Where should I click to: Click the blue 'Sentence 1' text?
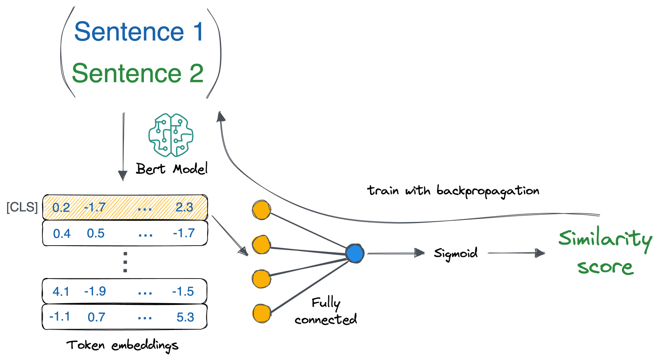pyautogui.click(x=139, y=32)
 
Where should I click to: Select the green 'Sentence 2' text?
pyautogui.click(x=138, y=73)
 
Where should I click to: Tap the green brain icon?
pyautogui.click(x=171, y=135)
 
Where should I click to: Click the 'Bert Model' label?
pyautogui.click(x=171, y=169)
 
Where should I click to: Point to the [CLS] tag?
pyautogui.click(x=22, y=207)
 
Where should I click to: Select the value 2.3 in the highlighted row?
pyautogui.click(x=184, y=207)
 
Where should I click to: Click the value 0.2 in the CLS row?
pyautogui.click(x=61, y=207)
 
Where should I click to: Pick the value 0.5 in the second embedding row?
pyautogui.click(x=95, y=233)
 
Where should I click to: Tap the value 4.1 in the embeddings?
pyautogui.click(x=61, y=291)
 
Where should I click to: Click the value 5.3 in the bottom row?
pyautogui.click(x=185, y=317)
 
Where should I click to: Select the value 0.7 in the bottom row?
pyautogui.click(x=96, y=317)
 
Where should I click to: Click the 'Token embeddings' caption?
pyautogui.click(x=122, y=345)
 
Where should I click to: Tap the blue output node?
pyautogui.click(x=354, y=253)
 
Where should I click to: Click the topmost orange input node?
pyautogui.click(x=261, y=210)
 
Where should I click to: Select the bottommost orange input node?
pyautogui.click(x=261, y=314)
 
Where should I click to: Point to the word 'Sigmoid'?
pyautogui.click(x=456, y=253)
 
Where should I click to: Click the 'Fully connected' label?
pyautogui.click(x=326, y=311)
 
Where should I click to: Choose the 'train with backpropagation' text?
pyautogui.click(x=453, y=191)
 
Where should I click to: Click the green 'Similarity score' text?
pyautogui.click(x=605, y=252)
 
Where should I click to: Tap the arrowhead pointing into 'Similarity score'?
pyautogui.click(x=540, y=253)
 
